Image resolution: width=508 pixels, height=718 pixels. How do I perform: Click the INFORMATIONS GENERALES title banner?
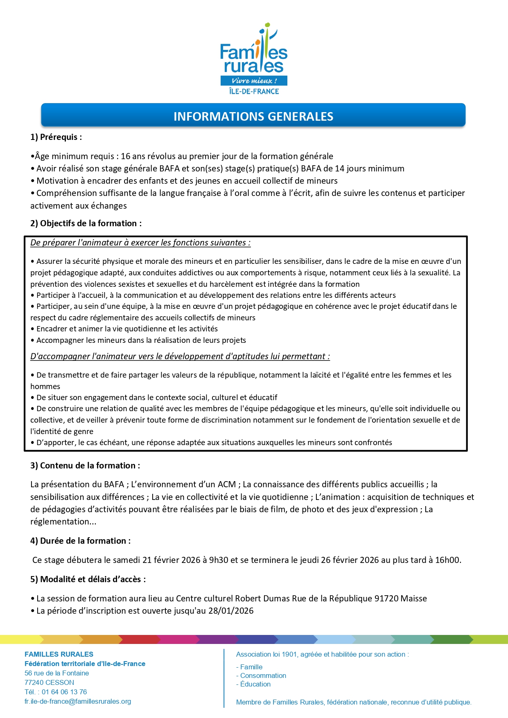(x=253, y=116)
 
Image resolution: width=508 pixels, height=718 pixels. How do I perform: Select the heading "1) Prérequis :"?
(x=56, y=137)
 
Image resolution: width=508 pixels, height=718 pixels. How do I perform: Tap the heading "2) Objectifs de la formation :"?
(x=86, y=223)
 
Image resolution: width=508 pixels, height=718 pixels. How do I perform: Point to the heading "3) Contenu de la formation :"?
(x=85, y=466)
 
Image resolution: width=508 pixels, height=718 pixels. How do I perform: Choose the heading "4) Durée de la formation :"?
(x=81, y=541)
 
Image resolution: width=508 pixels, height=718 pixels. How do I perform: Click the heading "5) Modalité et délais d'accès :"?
(x=88, y=579)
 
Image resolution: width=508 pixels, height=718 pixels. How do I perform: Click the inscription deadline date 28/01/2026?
(x=231, y=611)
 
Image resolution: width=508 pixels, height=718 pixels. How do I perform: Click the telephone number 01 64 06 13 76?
(x=64, y=692)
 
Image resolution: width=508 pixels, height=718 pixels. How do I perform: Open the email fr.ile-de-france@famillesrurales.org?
(x=78, y=701)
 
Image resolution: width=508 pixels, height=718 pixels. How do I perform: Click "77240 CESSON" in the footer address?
(x=50, y=682)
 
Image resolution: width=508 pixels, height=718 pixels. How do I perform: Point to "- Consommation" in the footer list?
(x=261, y=675)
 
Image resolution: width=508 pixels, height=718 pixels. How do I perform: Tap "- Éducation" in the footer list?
(x=253, y=684)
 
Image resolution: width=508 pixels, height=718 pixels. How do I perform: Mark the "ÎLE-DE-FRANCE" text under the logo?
(x=254, y=91)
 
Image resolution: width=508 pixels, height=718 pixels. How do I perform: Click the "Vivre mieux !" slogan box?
(x=254, y=81)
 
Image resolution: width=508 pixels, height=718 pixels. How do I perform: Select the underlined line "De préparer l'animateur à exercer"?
(x=140, y=243)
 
